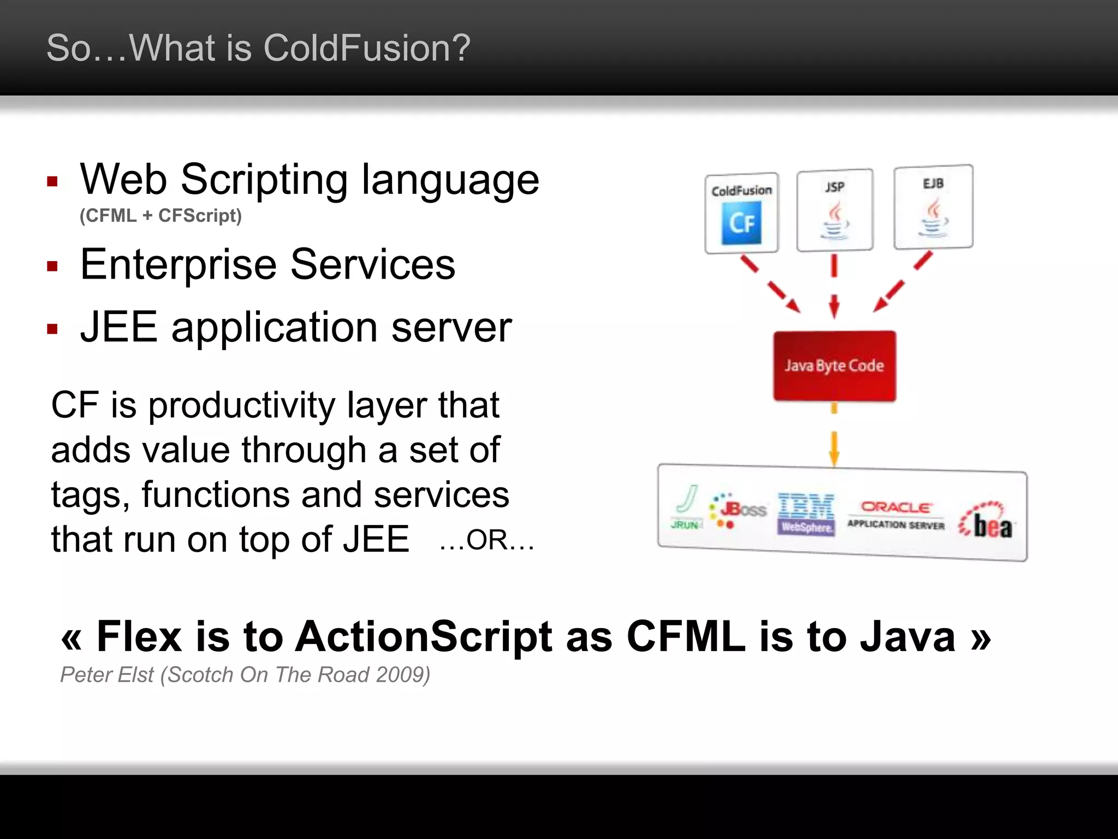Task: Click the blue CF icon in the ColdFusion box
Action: click(741, 223)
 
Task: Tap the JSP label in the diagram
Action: click(835, 187)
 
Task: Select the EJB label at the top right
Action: click(933, 184)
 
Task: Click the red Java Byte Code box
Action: click(834, 365)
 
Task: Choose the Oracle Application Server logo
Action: click(896, 515)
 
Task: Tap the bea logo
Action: click(987, 522)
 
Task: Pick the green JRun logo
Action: click(686, 507)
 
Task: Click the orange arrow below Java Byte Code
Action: click(834, 445)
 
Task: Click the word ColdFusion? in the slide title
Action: click(366, 48)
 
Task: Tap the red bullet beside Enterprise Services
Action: click(52, 267)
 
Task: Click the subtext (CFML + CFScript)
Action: click(160, 216)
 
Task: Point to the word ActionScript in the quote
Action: click(424, 636)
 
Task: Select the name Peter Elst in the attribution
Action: click(107, 675)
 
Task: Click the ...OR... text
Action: click(486, 540)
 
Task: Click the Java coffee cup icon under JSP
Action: click(835, 221)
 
